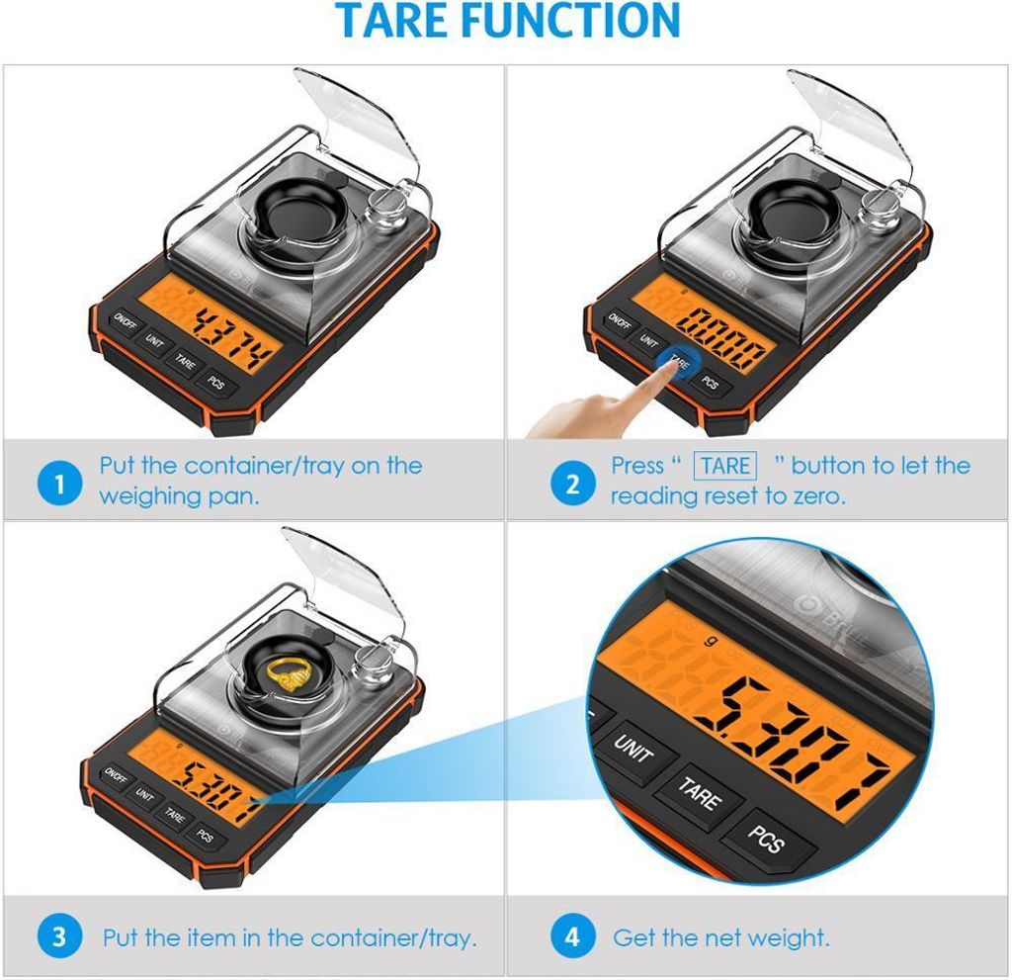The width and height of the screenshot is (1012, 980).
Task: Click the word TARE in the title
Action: [402, 21]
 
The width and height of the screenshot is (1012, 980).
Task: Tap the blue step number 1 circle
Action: [59, 484]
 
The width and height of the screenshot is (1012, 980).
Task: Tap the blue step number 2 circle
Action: [573, 484]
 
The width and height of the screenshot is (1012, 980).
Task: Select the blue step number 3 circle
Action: [59, 935]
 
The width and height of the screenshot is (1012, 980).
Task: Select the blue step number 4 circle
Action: [573, 935]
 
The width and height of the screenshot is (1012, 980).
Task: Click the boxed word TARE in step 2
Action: [726, 466]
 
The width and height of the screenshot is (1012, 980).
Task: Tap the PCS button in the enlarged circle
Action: [766, 840]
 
